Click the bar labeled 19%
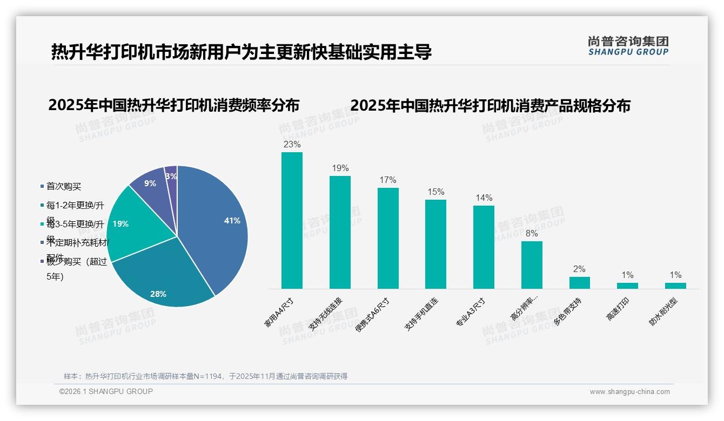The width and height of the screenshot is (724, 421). coord(340,232)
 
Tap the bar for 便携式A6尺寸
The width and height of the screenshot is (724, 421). coord(388,238)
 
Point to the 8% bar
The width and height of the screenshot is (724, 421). coord(532,264)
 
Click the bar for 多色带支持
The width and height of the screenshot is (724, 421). coord(579,283)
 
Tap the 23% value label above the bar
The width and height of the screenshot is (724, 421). coord(292,145)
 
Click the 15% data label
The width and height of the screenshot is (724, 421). coord(435,192)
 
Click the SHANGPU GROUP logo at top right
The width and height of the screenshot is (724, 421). coord(628,46)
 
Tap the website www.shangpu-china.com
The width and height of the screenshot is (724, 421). coord(629,392)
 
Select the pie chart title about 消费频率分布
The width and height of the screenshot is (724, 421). coord(173,105)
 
